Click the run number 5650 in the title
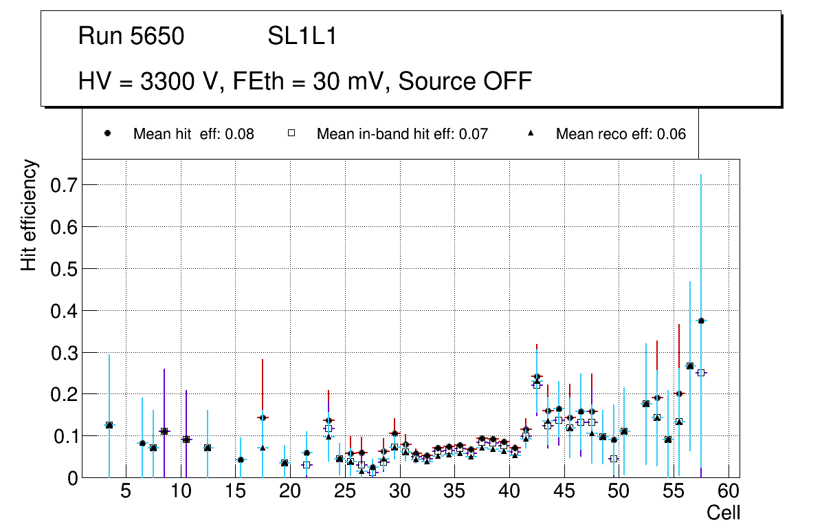pyautogui.click(x=157, y=36)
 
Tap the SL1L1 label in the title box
pyautogui.click(x=302, y=36)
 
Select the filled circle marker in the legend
pyautogui.click(x=108, y=133)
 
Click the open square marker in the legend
pyautogui.click(x=291, y=133)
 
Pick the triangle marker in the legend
pyautogui.click(x=531, y=133)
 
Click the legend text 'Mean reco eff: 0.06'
pyautogui.click(x=621, y=134)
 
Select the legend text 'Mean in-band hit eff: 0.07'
pyautogui.click(x=402, y=134)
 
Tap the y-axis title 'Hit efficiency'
pyautogui.click(x=29, y=215)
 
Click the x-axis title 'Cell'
pyautogui.click(x=723, y=512)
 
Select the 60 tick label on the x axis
pyautogui.click(x=729, y=492)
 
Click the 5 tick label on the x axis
pyautogui.click(x=125, y=492)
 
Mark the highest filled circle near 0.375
pyautogui.click(x=701, y=321)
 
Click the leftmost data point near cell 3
pyautogui.click(x=109, y=425)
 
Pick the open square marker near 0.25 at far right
pyautogui.click(x=701, y=373)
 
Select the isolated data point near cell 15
pyautogui.click(x=241, y=459)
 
